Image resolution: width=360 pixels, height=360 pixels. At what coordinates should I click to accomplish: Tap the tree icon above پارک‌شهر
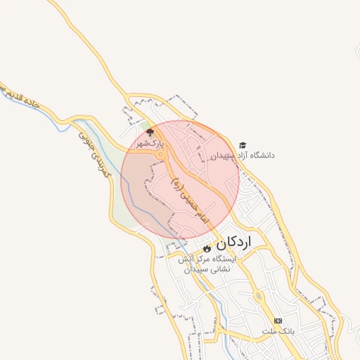coord(149,132)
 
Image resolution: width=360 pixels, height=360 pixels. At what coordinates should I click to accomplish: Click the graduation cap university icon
coord(243,144)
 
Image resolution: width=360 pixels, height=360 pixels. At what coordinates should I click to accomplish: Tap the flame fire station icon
coord(206,249)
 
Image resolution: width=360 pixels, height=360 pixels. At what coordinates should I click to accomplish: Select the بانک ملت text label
coord(278,330)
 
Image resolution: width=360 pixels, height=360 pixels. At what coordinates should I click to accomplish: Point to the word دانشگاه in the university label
coord(262,155)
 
